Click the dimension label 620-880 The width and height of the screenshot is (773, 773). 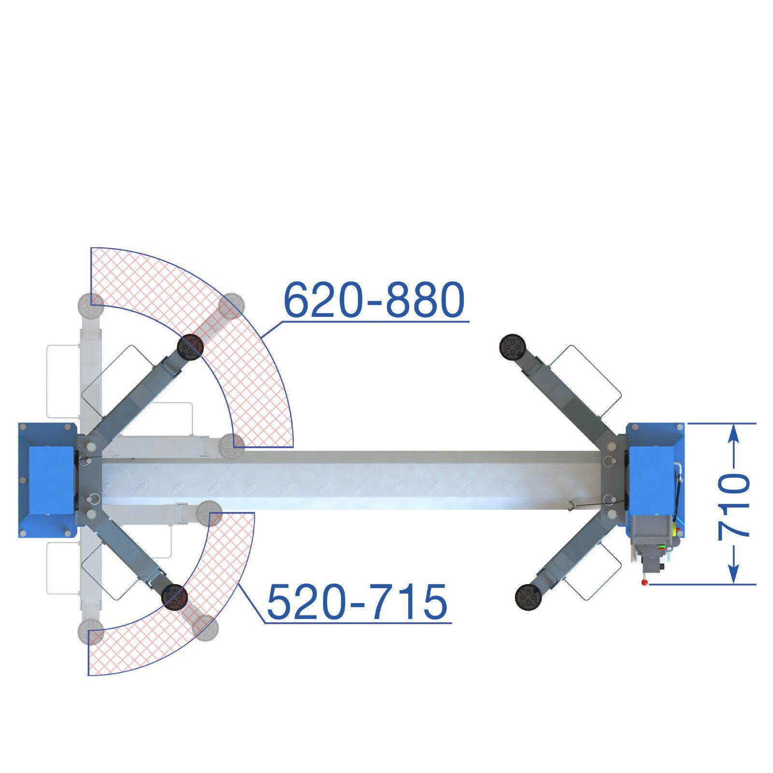coord(374,300)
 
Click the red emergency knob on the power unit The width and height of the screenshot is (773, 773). coord(644,583)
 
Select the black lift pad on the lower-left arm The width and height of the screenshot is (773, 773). coord(174,597)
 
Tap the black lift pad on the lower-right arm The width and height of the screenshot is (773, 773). coord(528,597)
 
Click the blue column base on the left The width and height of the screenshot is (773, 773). coord(47,480)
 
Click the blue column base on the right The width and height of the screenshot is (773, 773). coord(656,480)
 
